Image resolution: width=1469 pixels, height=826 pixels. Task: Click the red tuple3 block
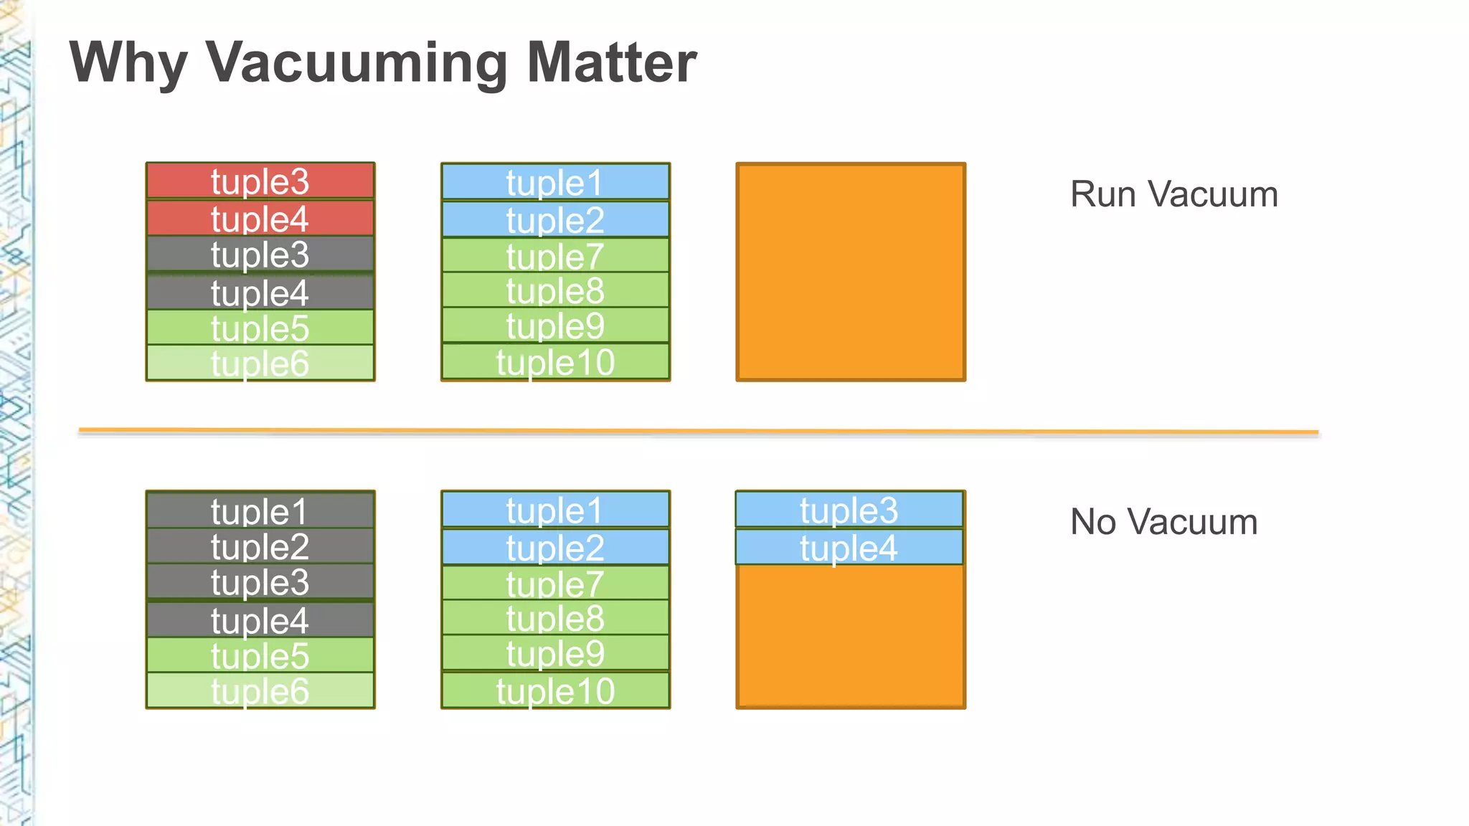[260, 181]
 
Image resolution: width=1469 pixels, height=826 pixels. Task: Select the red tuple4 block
[260, 219]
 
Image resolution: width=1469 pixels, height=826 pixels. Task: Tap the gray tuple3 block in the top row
[260, 255]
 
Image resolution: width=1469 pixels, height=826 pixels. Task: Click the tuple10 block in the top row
[555, 362]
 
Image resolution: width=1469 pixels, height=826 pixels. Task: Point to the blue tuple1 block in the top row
[555, 182]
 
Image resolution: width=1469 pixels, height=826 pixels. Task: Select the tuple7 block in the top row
[555, 256]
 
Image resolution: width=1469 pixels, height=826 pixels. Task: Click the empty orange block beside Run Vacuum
[851, 272]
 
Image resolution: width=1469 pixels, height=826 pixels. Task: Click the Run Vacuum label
[1173, 194]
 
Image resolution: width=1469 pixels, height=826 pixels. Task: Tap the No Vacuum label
[1163, 522]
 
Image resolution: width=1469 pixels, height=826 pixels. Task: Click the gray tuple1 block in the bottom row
[260, 511]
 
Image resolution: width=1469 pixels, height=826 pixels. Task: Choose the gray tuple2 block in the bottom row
[260, 547]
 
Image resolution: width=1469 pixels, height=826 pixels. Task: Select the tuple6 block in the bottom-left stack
[260, 691]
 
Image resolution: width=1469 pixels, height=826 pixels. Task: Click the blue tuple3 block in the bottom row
[849, 511]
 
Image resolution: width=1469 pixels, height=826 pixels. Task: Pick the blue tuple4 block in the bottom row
[849, 548]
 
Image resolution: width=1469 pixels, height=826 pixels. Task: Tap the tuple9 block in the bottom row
[555, 653]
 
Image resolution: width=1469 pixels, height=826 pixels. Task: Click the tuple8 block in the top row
[555, 290]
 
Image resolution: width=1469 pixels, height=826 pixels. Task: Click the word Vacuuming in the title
[357, 63]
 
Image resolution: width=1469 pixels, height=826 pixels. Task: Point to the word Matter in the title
[611, 63]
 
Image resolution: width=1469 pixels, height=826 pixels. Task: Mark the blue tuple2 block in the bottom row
[555, 548]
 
